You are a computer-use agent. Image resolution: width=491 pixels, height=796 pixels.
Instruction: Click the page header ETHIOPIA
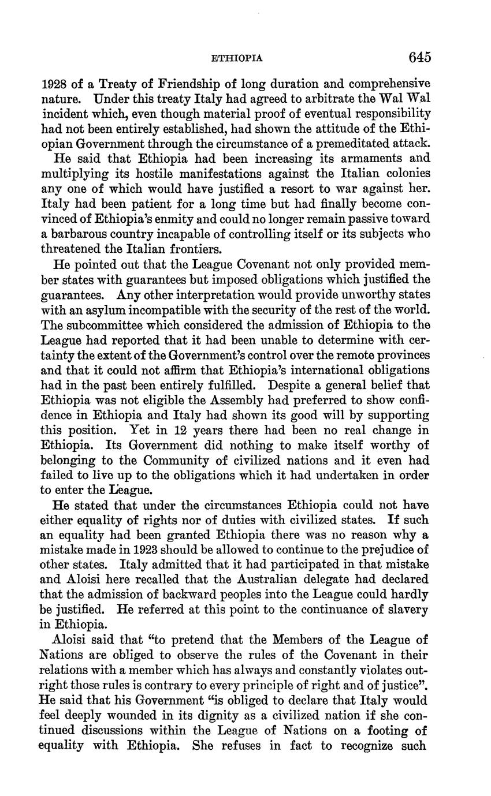[x=237, y=58]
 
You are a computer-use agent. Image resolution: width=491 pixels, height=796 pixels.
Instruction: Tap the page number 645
[x=419, y=57]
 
